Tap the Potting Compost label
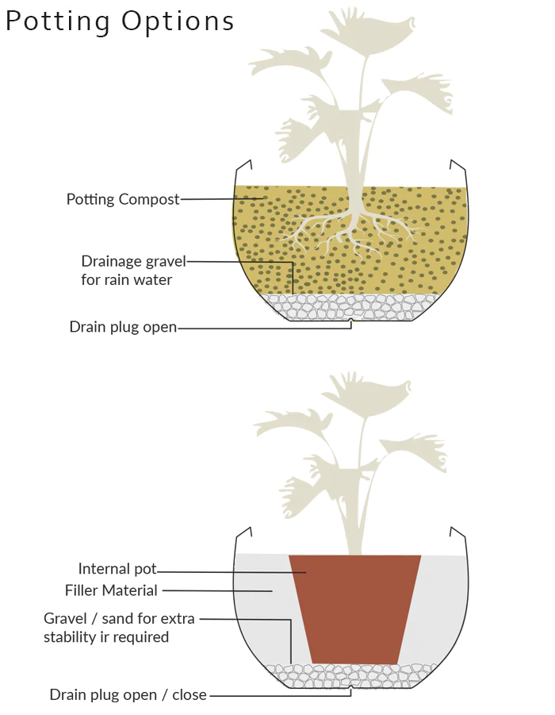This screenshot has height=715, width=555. point(123,199)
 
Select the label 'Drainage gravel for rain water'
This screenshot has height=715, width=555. point(133,270)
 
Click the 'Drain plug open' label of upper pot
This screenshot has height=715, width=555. point(123,327)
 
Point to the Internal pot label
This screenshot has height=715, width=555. point(117,569)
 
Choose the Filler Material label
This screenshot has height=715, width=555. point(111,590)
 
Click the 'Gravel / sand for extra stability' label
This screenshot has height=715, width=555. point(119,627)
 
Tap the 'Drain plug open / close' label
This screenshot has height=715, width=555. point(128,695)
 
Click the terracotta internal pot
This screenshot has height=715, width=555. point(354,607)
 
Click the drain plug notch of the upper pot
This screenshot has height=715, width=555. point(351,322)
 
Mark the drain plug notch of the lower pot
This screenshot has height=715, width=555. point(351,690)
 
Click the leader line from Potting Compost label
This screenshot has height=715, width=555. point(222,199)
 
